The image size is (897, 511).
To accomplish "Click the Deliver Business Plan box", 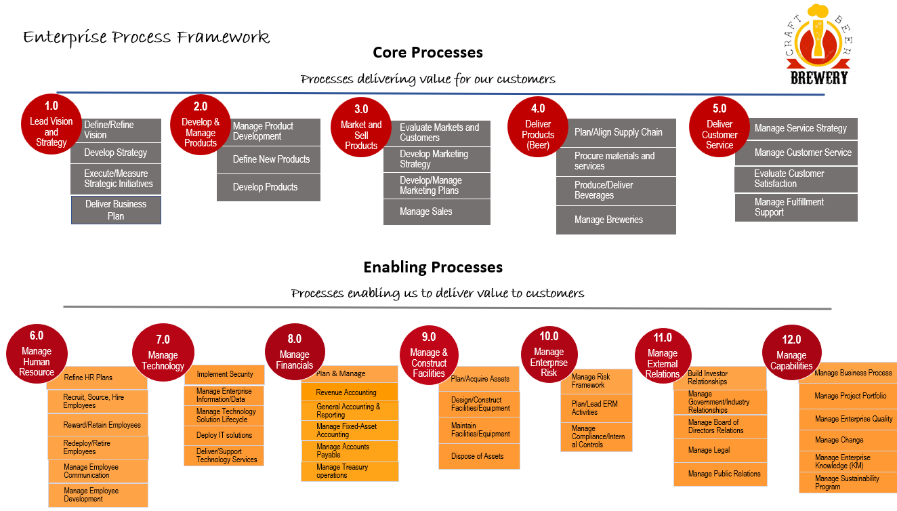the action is [x=116, y=210].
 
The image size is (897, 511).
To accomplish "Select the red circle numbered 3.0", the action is [x=361, y=127].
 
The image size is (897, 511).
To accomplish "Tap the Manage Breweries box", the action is [x=616, y=220].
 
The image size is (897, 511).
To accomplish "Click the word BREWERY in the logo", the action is [x=819, y=78].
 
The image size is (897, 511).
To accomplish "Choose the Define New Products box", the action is [x=268, y=159].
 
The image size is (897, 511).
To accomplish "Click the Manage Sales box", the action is [x=436, y=212].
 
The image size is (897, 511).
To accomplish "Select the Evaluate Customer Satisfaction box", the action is [x=796, y=179].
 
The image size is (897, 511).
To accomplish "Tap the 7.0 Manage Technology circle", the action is [x=163, y=354].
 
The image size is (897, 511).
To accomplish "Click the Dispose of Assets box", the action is [x=479, y=456].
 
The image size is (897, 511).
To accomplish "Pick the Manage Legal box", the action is [x=720, y=451].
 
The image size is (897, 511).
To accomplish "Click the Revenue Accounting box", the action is [x=350, y=392].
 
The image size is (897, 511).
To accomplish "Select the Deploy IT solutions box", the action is [x=224, y=435].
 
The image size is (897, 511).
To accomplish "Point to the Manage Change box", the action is [x=848, y=440].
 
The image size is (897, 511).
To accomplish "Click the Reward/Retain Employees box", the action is [x=98, y=425].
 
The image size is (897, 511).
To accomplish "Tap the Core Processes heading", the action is [x=427, y=52].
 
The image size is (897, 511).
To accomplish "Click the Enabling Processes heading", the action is [x=433, y=267].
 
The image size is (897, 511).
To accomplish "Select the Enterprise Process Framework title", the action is [x=146, y=38].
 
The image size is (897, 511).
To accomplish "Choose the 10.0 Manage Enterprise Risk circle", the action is [x=549, y=355].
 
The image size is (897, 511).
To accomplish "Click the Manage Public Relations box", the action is [x=720, y=474].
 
